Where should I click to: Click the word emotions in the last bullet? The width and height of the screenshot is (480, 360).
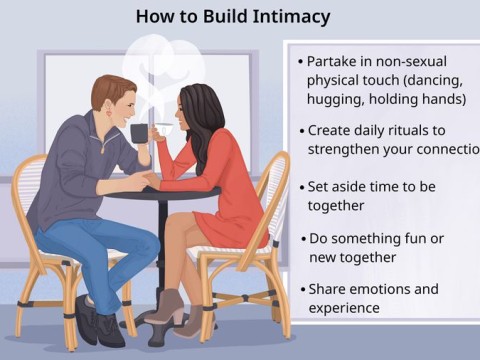click(385, 289)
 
